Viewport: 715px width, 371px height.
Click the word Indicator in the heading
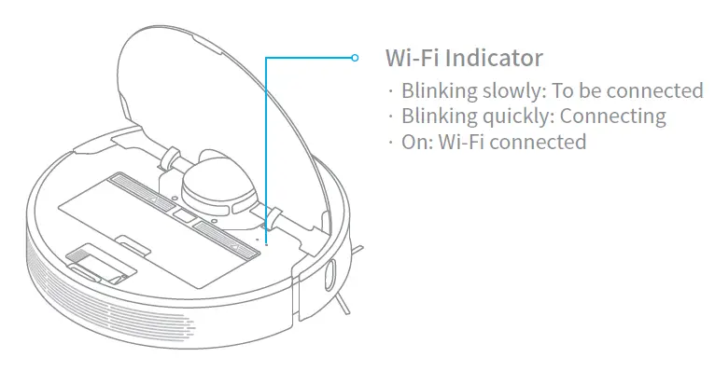pos(494,58)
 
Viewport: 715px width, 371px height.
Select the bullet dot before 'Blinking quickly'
pos(391,117)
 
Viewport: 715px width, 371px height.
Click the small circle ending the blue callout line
pos(355,58)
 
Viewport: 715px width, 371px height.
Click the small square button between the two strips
pos(183,215)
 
